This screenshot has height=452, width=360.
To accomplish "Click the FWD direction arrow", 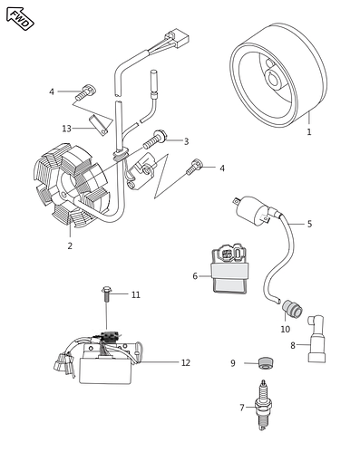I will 19,18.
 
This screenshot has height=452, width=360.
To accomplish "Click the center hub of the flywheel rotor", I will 273,78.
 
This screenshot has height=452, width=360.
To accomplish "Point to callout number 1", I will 308,132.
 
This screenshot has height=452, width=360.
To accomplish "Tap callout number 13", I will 66,129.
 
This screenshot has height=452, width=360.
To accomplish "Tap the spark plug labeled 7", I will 266,412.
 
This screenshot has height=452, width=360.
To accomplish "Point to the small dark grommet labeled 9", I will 265,363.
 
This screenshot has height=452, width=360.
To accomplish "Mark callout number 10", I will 285,330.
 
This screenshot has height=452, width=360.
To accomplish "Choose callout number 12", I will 185,362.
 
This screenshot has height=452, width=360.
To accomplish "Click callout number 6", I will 194,275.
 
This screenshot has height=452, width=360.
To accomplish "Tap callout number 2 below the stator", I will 70,245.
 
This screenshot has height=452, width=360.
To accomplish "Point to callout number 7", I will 242,408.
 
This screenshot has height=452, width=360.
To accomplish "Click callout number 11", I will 136,294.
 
